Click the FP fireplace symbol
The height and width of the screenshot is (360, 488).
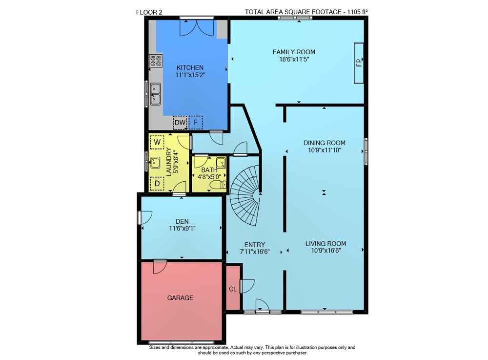pyautogui.click(x=359, y=63)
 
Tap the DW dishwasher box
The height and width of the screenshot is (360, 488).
pyautogui.click(x=180, y=123)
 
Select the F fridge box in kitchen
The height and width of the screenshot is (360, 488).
pyautogui.click(x=196, y=123)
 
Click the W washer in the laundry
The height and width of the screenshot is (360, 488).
pyautogui.click(x=157, y=142)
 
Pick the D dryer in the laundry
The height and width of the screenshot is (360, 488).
pyautogui.click(x=157, y=184)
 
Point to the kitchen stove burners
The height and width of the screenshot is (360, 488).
pyautogui.click(x=156, y=61)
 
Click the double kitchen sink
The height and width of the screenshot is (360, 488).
pyautogui.click(x=155, y=94)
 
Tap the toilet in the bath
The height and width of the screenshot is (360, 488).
pyautogui.click(x=218, y=185)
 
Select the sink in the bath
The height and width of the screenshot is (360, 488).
pyautogui.click(x=221, y=162)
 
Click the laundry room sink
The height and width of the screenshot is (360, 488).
pyautogui.click(x=155, y=162)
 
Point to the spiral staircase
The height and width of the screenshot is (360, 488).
pyautogui.click(x=245, y=195)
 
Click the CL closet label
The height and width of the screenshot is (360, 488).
pyautogui.click(x=233, y=289)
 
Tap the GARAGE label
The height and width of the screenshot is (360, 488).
pyautogui.click(x=180, y=298)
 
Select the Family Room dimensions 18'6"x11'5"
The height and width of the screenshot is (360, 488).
pyautogui.click(x=294, y=59)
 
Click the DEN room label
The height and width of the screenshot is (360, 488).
pyautogui.click(x=182, y=221)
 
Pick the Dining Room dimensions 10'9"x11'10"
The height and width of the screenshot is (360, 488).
pyautogui.click(x=325, y=150)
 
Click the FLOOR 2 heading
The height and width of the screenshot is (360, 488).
pyautogui.click(x=149, y=12)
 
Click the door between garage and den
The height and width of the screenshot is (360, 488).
pyautogui.click(x=160, y=267)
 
